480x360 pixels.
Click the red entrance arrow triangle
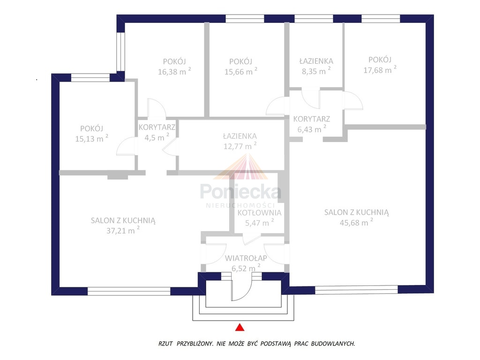pyautogui.click(x=240, y=328)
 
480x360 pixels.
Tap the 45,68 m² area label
pyautogui.click(x=356, y=222)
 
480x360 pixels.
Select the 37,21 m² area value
pyautogui.click(x=123, y=230)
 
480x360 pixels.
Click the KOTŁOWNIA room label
pyautogui.click(x=259, y=212)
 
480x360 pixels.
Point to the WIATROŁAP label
pyautogui.click(x=246, y=258)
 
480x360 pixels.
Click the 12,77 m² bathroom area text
pyautogui.click(x=240, y=146)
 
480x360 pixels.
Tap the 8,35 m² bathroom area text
pyautogui.click(x=316, y=71)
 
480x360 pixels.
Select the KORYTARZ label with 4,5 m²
pyautogui.click(x=157, y=127)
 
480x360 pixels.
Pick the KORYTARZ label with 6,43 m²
pyautogui.click(x=312, y=119)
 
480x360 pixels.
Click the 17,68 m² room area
pyautogui.click(x=380, y=70)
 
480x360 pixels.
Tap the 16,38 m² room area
pyautogui.click(x=174, y=72)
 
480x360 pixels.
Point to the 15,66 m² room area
pyautogui.click(x=241, y=72)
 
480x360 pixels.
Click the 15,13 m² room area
pyautogui.click(x=91, y=138)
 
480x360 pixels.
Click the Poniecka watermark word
pyautogui.click(x=240, y=192)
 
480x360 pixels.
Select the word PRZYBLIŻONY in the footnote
pyautogui.click(x=195, y=344)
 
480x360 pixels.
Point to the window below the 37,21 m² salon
pyautogui.click(x=129, y=291)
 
